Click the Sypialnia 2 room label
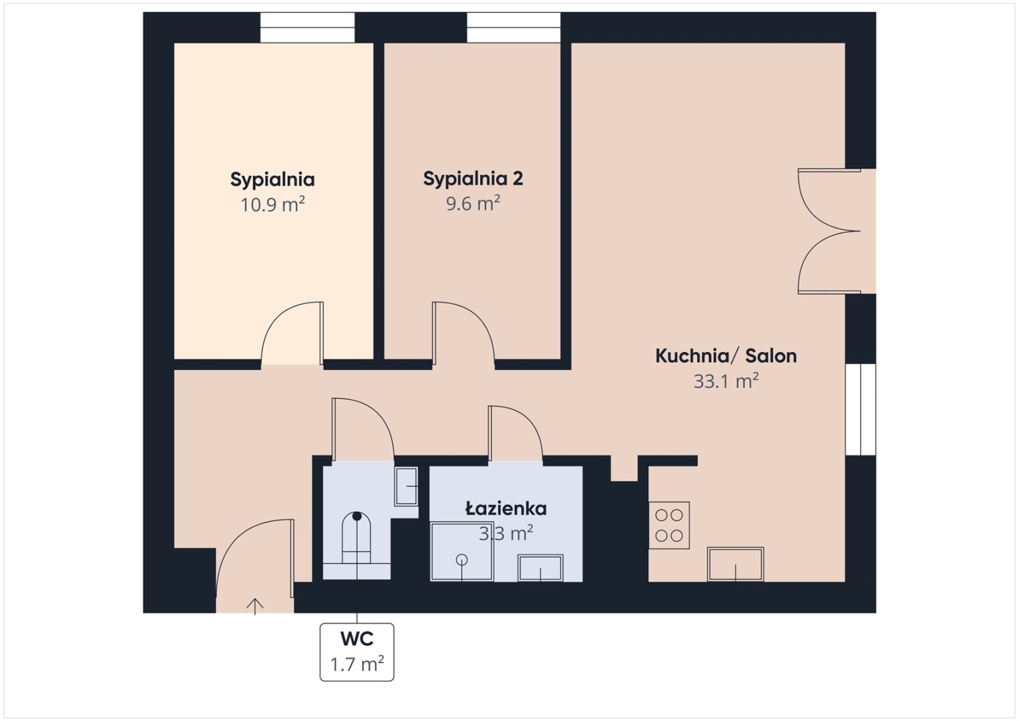pyautogui.click(x=473, y=179)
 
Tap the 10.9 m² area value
pyautogui.click(x=272, y=205)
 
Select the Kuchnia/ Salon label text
pyautogui.click(x=726, y=356)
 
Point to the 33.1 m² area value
pyautogui.click(x=726, y=381)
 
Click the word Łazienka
pyautogui.click(x=506, y=508)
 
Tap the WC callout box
pyautogui.click(x=357, y=652)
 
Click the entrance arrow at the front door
pyautogui.click(x=255, y=606)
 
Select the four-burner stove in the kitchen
pyautogui.click(x=668, y=525)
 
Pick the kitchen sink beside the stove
pyautogui.click(x=736, y=565)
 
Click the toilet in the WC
pyautogui.click(x=357, y=537)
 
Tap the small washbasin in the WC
pyautogui.click(x=406, y=486)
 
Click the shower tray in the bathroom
pyautogui.click(x=461, y=551)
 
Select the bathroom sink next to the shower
pyautogui.click(x=540, y=568)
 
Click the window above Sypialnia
pyautogui.click(x=308, y=28)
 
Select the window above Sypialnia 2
pyautogui.click(x=514, y=28)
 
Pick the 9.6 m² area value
pyautogui.click(x=473, y=204)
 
